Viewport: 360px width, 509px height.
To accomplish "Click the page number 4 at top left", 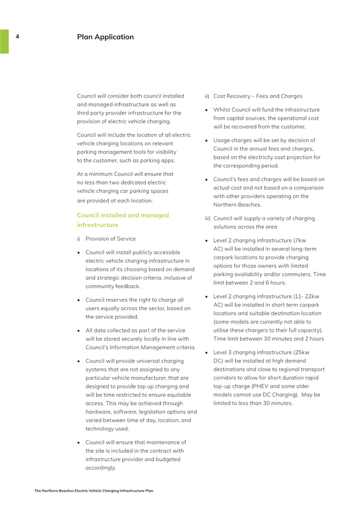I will click(17, 37).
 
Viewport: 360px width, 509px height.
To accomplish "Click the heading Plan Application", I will click(106, 37).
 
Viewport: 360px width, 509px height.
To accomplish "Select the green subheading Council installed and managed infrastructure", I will click(123, 220).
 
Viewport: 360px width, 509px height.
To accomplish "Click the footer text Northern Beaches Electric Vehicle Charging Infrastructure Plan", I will click(94, 490).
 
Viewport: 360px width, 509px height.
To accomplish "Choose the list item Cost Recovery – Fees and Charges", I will click(257, 96).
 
